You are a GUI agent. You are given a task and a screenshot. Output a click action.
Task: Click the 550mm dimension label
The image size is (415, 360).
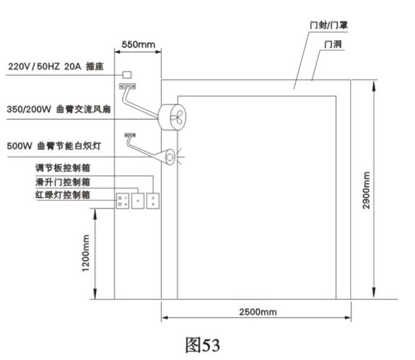pos(138,44)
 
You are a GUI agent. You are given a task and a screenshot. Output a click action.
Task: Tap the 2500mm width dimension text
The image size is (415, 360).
pos(258,312)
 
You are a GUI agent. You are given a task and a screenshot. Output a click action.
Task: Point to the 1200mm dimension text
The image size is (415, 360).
pos(86,254)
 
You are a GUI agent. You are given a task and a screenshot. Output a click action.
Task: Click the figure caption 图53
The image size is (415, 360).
pos(202,345)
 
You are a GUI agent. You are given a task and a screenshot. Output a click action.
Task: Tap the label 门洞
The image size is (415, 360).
pos(334,45)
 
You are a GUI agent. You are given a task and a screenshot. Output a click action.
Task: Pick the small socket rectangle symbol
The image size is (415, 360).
pos(128,74)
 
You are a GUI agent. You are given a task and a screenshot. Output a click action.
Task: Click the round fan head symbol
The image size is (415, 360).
pos(172,116)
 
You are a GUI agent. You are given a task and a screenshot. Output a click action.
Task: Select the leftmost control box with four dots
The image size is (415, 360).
pos(123,201)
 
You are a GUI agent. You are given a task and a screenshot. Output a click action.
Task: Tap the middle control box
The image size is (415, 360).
pos(138,201)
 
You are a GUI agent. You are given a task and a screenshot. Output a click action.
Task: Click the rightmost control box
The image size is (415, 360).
pos(153,201)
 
